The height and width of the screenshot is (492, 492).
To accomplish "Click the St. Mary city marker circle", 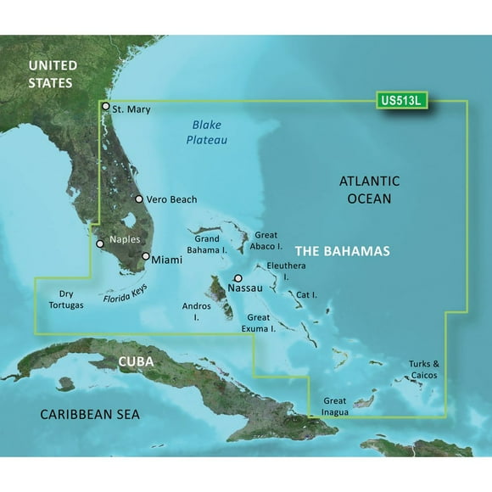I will click(105, 107).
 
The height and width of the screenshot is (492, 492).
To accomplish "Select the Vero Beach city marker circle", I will click(139, 199).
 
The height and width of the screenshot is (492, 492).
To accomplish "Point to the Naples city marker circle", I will click(100, 243).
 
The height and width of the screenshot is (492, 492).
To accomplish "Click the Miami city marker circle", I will click(146, 256).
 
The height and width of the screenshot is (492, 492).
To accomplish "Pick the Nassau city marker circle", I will click(238, 278).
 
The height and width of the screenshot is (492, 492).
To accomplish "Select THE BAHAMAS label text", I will click(342, 252).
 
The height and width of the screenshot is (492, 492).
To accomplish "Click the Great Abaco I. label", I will click(266, 240).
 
